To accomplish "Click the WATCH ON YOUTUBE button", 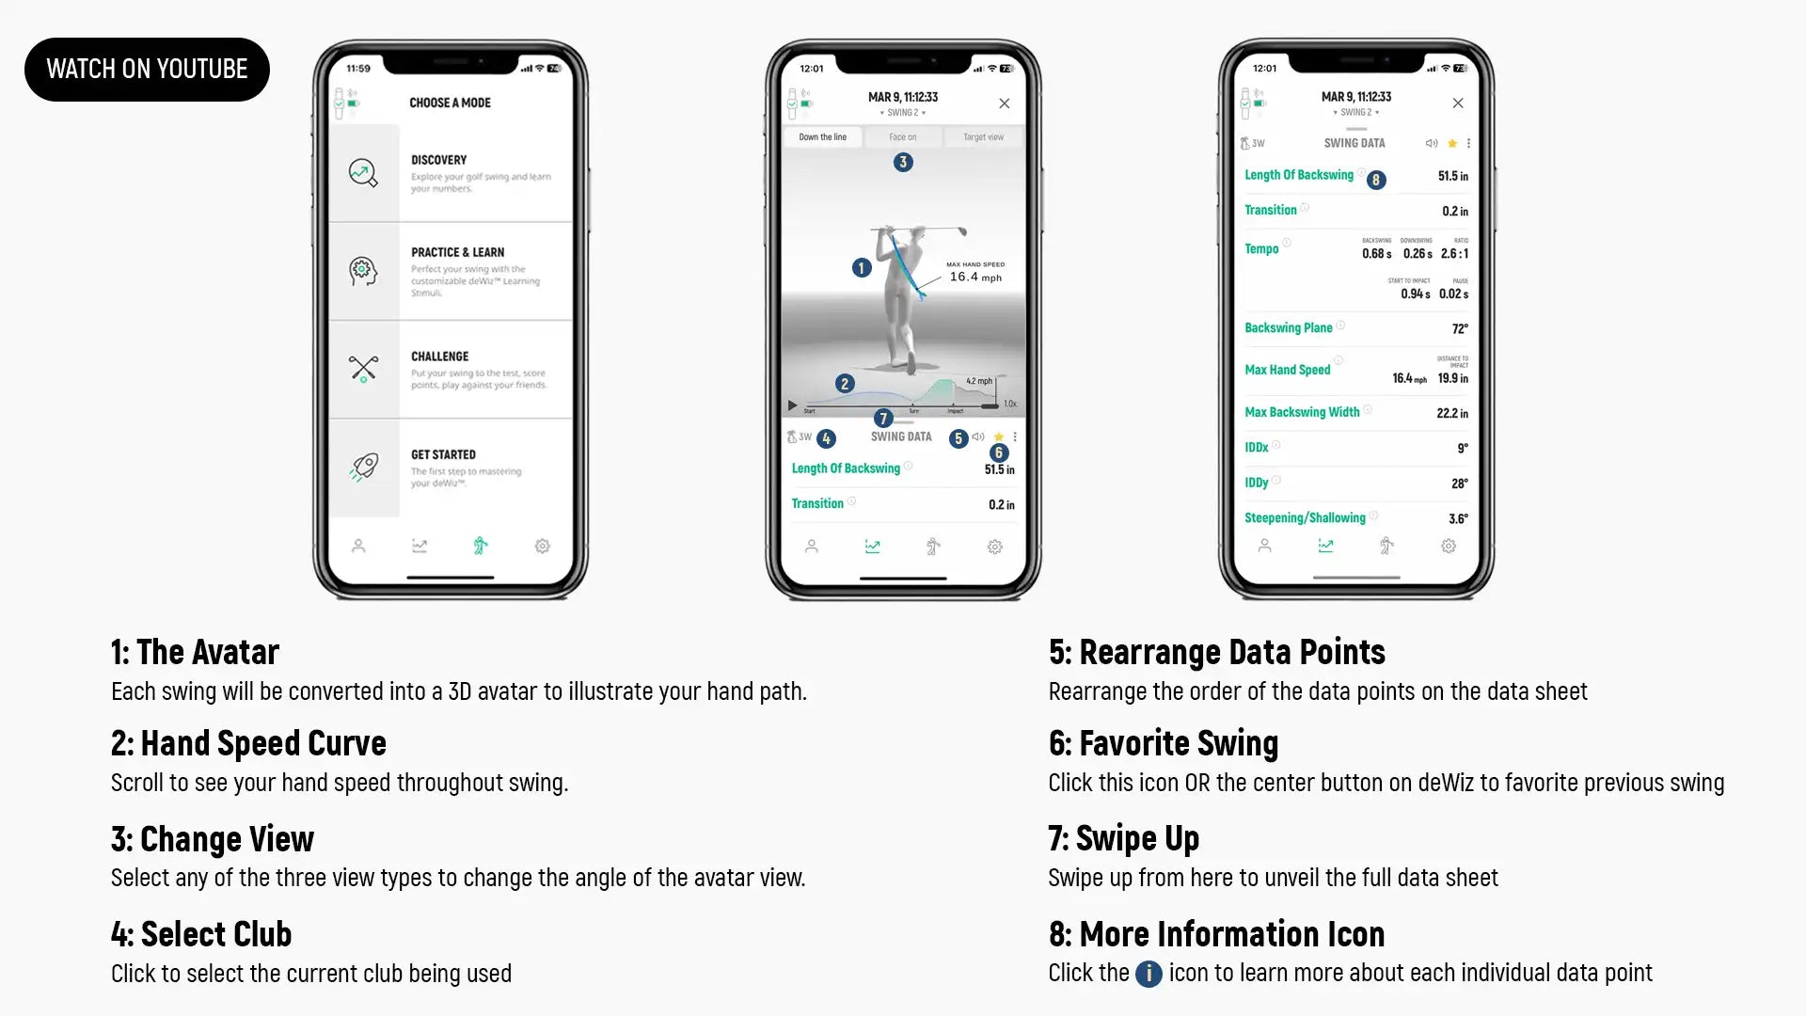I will coord(147,69).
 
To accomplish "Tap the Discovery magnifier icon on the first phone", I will coord(363,173).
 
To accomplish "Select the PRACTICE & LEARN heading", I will coord(457,252).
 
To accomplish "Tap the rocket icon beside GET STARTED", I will coord(364,466).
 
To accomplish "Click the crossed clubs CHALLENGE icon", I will coord(363,368).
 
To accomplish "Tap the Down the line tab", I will coord(822,137).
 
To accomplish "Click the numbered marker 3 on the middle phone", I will coord(903,162).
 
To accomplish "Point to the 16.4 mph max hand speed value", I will coord(974,277).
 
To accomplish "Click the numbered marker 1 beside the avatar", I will coord(861,268).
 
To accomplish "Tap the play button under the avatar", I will coord(792,405).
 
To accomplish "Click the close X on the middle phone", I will coord(1004,103).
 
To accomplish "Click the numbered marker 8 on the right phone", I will coord(1376,180).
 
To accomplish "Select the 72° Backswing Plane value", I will coord(1459,328).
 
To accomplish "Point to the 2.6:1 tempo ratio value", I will coord(1454,254).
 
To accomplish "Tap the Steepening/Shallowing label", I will coord(1304,518).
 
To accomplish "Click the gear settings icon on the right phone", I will coord(1448,546).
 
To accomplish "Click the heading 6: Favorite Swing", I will coord(1163,743).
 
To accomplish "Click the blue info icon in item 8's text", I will coord(1148,973).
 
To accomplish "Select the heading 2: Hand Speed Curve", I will coord(248,743).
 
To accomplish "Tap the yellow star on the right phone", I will coord(1452,144).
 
